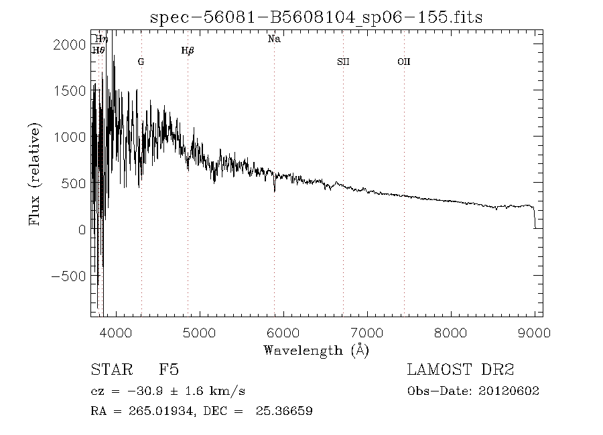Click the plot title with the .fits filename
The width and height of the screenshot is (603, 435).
(x=316, y=17)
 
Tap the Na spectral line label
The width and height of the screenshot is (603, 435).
(x=274, y=39)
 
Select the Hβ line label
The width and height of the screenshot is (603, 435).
(x=188, y=51)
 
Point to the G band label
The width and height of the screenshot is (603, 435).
(x=141, y=62)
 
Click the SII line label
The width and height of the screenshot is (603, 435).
(x=343, y=62)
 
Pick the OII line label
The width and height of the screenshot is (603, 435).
(x=403, y=62)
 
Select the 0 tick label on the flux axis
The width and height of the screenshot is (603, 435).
(x=82, y=230)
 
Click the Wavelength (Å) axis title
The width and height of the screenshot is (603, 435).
(x=316, y=349)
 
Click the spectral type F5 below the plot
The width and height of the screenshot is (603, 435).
(x=168, y=369)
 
